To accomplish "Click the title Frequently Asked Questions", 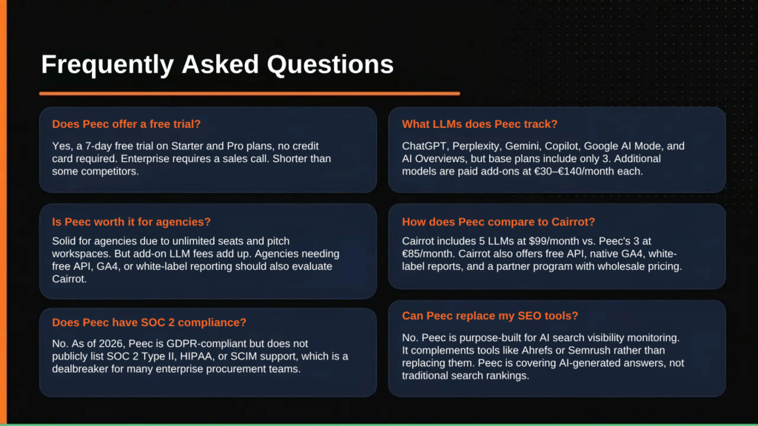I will coord(217,64).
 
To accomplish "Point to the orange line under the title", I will coord(249,94).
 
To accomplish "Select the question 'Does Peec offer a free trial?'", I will coord(126,124).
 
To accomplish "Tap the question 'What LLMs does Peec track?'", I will coord(480,124).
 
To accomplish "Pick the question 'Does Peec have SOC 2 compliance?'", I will coord(149,322).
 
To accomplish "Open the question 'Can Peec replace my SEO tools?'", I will coord(489,316).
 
